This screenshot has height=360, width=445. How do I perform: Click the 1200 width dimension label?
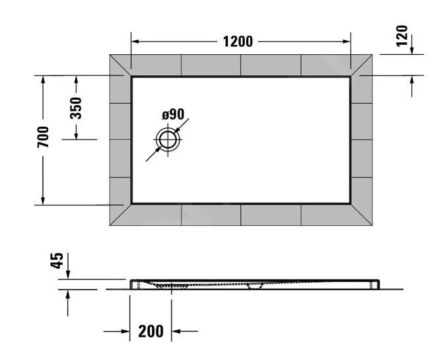(x=238, y=42)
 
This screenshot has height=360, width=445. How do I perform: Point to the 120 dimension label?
(x=402, y=35)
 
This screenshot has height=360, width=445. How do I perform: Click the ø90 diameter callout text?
(x=172, y=115)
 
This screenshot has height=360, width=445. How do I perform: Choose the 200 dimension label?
(x=151, y=331)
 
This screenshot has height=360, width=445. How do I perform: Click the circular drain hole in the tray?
(x=168, y=140)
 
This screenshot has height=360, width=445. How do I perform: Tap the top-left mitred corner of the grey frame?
(x=121, y=65)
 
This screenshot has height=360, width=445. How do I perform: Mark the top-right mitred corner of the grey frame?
(x=361, y=65)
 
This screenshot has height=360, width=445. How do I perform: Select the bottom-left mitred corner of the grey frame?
(x=121, y=215)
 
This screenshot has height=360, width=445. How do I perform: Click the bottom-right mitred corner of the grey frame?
(x=361, y=215)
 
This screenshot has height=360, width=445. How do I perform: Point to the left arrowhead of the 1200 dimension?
(x=135, y=42)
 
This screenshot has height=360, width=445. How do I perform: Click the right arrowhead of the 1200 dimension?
(x=347, y=42)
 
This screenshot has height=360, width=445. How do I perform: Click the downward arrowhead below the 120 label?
(x=412, y=52)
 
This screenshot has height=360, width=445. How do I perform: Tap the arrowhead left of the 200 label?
(x=125, y=331)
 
